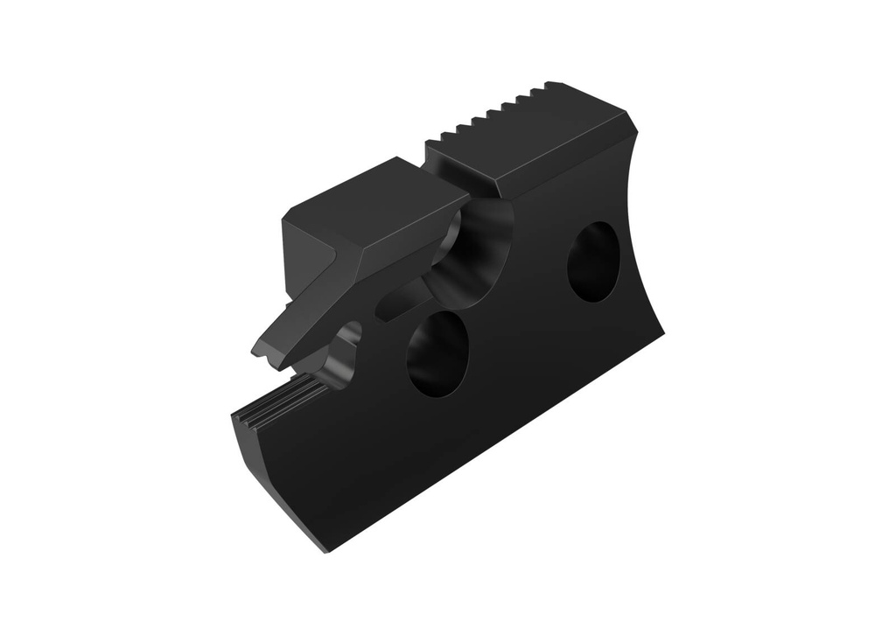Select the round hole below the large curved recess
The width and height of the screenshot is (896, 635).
437,352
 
